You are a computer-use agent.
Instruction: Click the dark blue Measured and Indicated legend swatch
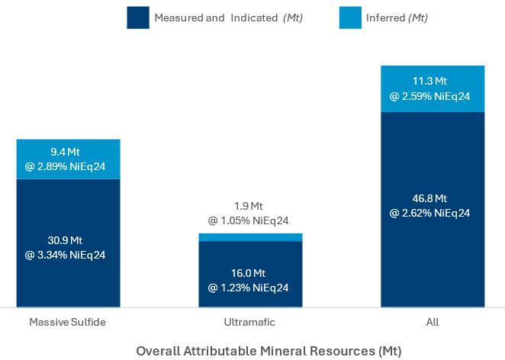click(x=138, y=18)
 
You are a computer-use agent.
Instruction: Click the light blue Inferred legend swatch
click(x=350, y=18)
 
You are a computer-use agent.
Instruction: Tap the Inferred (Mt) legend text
click(x=397, y=18)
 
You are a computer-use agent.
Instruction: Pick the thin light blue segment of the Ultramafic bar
click(x=250, y=237)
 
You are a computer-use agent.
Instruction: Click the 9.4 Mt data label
click(x=68, y=152)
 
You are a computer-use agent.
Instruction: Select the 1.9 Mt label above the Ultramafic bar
click(x=249, y=206)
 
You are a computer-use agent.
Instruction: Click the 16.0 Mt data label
click(x=249, y=273)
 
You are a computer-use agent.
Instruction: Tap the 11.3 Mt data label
click(x=429, y=81)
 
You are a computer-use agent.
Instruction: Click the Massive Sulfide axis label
click(x=67, y=322)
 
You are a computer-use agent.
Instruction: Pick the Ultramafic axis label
click(x=249, y=322)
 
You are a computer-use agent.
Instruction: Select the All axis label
click(x=432, y=322)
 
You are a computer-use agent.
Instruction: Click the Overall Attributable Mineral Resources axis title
click(x=269, y=351)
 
